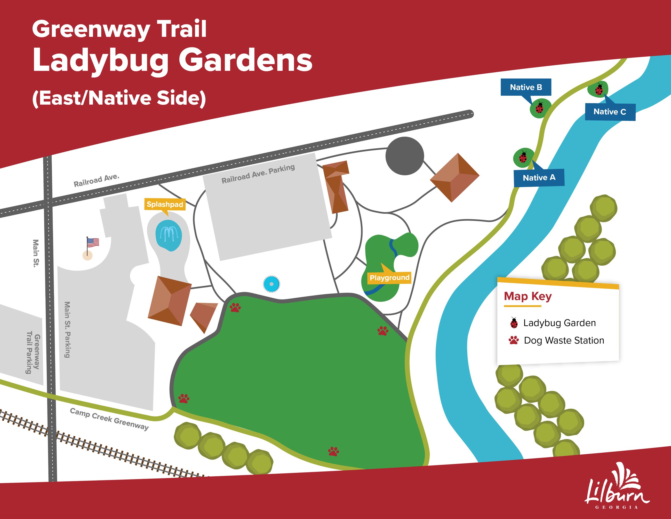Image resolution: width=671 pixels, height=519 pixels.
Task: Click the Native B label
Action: point(526,87)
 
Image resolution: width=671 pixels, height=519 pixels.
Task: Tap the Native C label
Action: point(610,112)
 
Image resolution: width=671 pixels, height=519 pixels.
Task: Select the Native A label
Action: point(539,177)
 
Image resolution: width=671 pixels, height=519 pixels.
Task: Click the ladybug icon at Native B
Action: point(539,108)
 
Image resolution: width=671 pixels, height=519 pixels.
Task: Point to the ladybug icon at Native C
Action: point(599,89)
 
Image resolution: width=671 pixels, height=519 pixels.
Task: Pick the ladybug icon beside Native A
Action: point(523,157)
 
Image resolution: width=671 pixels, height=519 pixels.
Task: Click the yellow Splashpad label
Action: point(165,204)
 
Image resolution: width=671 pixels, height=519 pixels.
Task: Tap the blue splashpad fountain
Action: point(168,235)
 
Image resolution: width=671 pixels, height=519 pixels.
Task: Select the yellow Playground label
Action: point(389,278)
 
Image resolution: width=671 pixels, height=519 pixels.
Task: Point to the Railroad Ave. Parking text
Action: point(258,174)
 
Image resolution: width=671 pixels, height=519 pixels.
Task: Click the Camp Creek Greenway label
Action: point(109,419)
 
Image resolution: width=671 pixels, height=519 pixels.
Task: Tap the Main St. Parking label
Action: point(67,330)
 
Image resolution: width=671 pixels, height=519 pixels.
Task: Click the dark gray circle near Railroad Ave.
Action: point(405,156)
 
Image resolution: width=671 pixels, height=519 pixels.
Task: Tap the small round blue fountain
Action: point(271,284)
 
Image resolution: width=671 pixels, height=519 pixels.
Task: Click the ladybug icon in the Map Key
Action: point(514,323)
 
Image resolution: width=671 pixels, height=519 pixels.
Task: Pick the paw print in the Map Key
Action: point(513,340)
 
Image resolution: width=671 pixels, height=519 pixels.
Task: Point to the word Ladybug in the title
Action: point(100,60)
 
